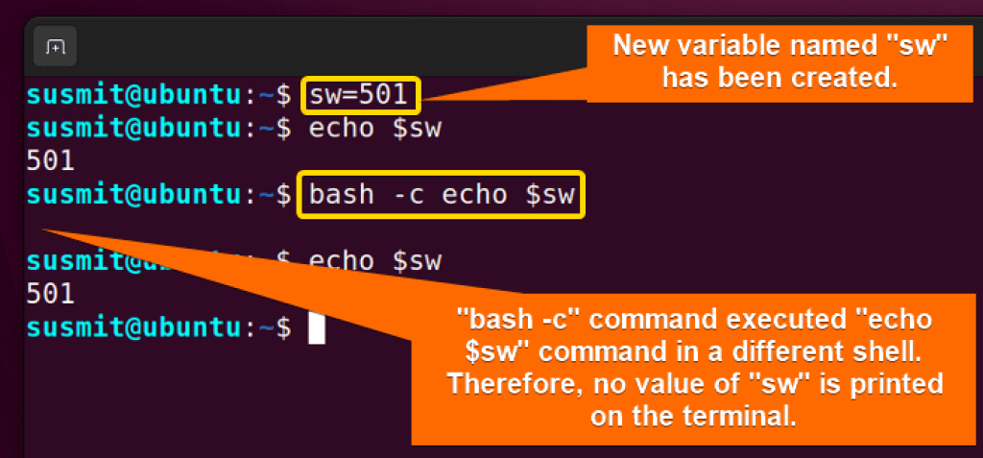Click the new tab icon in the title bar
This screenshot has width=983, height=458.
(x=55, y=45)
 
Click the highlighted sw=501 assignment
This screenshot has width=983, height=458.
(x=363, y=95)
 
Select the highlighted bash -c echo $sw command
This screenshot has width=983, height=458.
(x=441, y=195)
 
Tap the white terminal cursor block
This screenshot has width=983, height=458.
(x=317, y=327)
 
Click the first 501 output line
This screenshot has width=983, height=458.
(x=51, y=160)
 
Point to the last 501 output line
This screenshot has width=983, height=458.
(x=51, y=293)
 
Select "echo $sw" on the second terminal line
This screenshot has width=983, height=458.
(x=374, y=129)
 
